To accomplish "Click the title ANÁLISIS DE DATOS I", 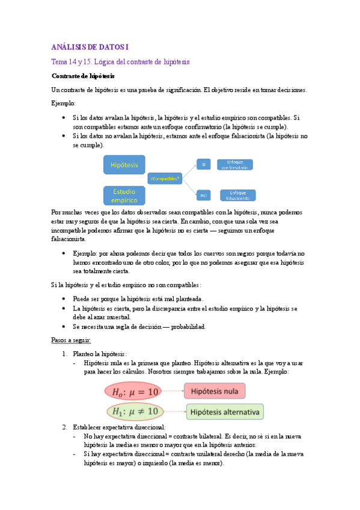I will click(x=90, y=47).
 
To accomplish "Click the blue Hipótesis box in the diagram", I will click(x=124, y=164).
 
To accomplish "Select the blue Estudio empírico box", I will click(x=124, y=195).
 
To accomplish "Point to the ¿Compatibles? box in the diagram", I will click(x=165, y=179).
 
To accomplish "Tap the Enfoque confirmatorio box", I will click(x=234, y=164).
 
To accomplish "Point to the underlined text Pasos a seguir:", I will click(x=71, y=340).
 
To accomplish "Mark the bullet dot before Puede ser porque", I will click(x=64, y=298).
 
